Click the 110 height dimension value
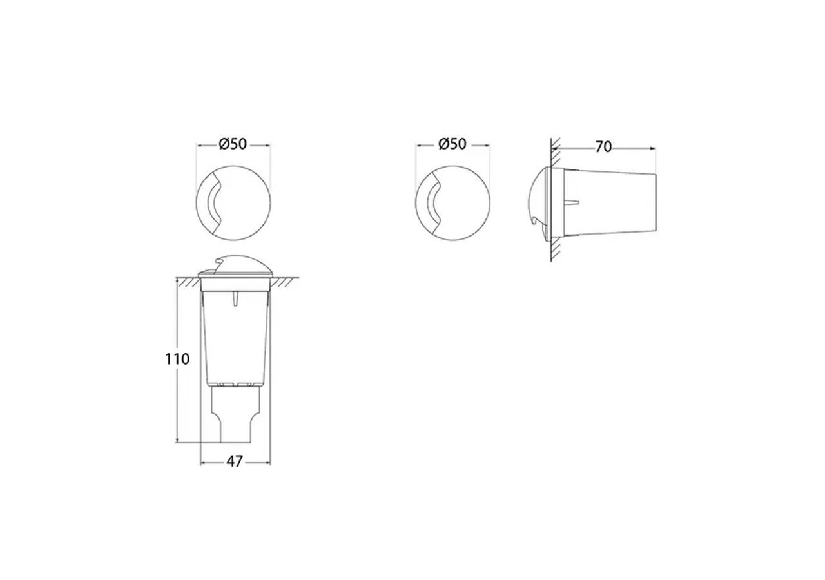click(177, 359)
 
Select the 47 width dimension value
click(235, 462)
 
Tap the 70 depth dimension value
click(603, 147)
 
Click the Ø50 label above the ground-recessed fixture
click(233, 144)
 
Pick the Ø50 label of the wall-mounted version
click(452, 144)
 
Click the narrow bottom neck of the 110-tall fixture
click(236, 416)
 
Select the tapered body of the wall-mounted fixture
click(612, 203)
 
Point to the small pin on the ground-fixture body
click(236, 300)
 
